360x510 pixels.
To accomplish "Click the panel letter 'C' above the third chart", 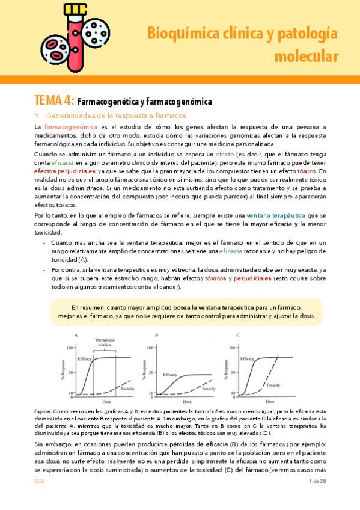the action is pyautogui.click(x=239, y=334).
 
